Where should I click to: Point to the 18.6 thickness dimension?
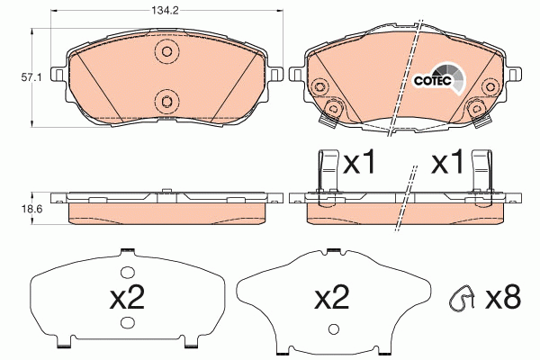click(x=31, y=209)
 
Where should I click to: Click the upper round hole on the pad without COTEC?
click(x=165, y=52)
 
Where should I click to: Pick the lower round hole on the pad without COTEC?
click(x=165, y=100)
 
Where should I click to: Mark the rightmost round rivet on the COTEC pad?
click(x=491, y=87)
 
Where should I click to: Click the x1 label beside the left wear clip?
click(x=359, y=164)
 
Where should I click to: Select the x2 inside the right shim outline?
click(x=333, y=298)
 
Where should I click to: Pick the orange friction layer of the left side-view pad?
click(x=166, y=210)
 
